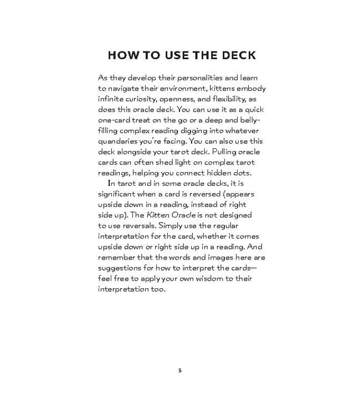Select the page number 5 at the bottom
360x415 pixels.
coord(180,370)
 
